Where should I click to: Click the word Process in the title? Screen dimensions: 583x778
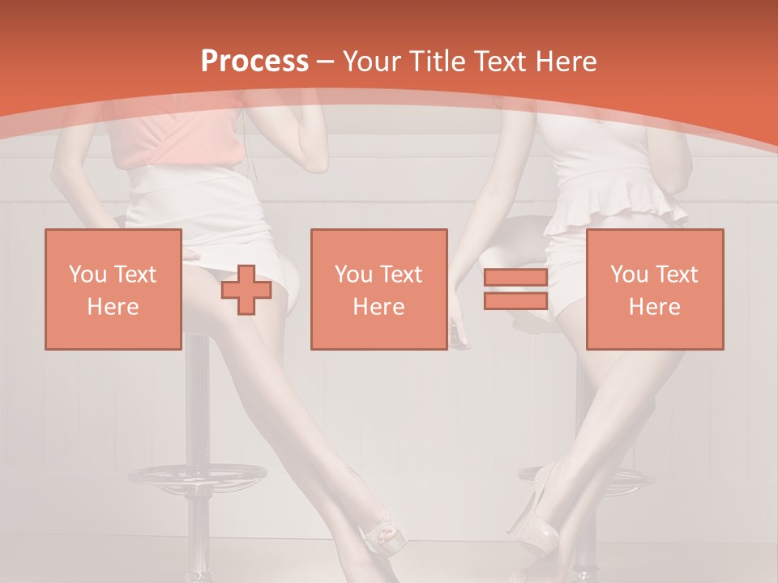click(254, 62)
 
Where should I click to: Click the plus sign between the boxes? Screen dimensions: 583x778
click(246, 289)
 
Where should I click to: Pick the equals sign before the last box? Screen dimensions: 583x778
click(515, 289)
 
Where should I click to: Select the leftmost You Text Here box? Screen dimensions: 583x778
click(113, 289)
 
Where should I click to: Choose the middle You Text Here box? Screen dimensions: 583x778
click(379, 289)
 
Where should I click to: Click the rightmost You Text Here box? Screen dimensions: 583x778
click(655, 289)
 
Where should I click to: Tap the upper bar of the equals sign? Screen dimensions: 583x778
click(515, 279)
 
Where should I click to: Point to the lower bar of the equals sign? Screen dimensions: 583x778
click(515, 300)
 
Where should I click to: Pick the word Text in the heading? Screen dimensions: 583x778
click(498, 62)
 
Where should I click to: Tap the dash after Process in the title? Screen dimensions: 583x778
click(326, 62)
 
